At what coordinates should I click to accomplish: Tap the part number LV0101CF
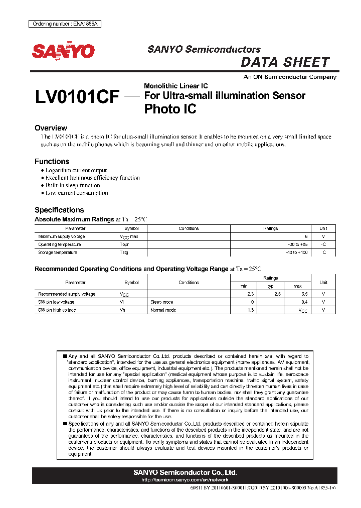tap(77, 97)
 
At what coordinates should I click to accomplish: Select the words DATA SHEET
tap(285, 62)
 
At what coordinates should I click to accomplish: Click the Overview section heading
tap(51, 128)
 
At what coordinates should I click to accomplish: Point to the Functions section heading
tap(52, 162)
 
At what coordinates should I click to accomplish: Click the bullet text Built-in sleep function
tap(73, 185)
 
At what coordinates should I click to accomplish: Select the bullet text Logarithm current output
tap(76, 171)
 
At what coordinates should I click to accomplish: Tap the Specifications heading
tap(59, 210)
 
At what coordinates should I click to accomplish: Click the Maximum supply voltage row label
tap(62, 236)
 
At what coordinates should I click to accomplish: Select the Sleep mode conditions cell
tap(162, 302)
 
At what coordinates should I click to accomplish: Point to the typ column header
tap(271, 286)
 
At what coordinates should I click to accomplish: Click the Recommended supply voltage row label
tap(67, 294)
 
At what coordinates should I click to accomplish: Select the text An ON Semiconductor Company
tap(290, 77)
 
